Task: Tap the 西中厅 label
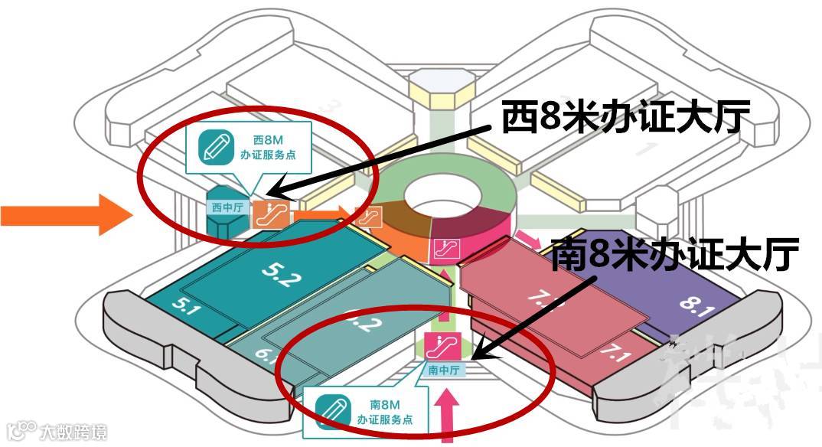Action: pos(226,207)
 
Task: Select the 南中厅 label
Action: pos(443,370)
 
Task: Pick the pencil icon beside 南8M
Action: pos(331,408)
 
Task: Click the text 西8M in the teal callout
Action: pos(269,140)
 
